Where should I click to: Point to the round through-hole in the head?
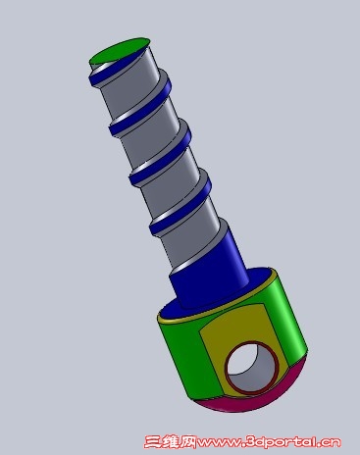pos(251,367)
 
